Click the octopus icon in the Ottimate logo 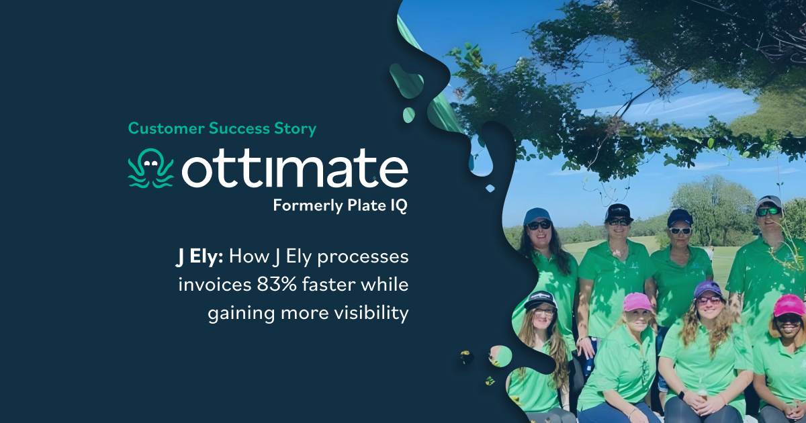[x=150, y=169]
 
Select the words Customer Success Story [x=222, y=128]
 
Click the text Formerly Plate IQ [x=340, y=206]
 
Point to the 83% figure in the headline [x=274, y=285]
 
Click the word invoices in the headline [x=214, y=285]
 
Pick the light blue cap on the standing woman [x=538, y=214]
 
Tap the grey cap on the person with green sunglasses [x=768, y=201]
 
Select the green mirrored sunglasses [x=767, y=211]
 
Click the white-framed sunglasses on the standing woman [x=680, y=230]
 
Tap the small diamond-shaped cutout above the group [x=490, y=188]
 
